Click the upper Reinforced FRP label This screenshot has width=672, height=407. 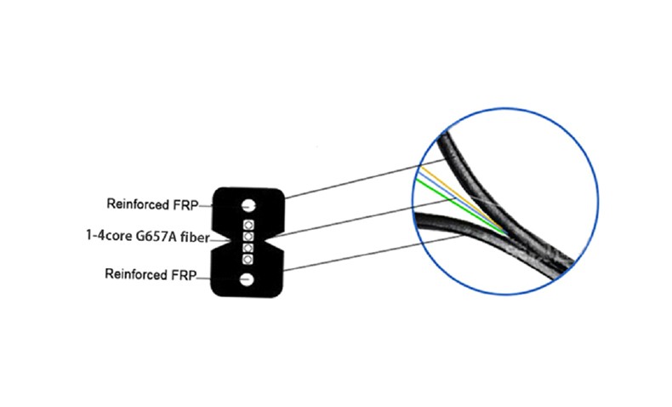[x=152, y=204]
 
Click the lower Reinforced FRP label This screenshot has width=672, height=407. [x=151, y=274]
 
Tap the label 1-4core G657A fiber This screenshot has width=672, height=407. [x=148, y=237]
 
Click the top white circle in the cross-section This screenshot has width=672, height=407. [x=248, y=205]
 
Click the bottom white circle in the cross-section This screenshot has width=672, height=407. [x=247, y=279]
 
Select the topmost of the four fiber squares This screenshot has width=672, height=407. [x=248, y=225]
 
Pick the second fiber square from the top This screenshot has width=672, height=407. [x=248, y=237]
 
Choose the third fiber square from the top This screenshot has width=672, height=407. [x=248, y=248]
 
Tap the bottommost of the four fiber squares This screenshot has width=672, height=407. [x=247, y=260]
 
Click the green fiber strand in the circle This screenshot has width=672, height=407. [x=461, y=207]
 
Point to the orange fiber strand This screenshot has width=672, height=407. [x=463, y=198]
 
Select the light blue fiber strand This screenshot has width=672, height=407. [x=461, y=203]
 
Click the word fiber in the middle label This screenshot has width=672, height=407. [x=195, y=238]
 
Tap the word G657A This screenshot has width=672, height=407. [x=156, y=237]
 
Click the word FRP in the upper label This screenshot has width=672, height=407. [x=185, y=205]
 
